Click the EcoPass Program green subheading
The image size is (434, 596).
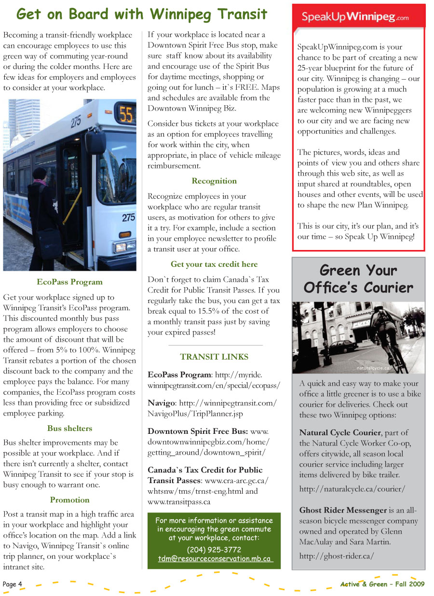(69, 282)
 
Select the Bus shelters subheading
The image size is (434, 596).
(69, 428)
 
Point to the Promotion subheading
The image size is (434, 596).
(69, 499)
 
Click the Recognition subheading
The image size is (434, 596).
(214, 181)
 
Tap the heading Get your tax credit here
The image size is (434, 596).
(214, 264)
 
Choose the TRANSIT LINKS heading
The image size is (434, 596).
(214, 357)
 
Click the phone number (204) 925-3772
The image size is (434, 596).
(214, 550)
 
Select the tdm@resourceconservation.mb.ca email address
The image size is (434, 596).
(215, 559)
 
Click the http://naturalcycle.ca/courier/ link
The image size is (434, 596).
(352, 489)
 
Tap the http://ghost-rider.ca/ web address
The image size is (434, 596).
(336, 555)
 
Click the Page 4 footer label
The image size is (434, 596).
(13, 584)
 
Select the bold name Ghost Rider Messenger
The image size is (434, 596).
(343, 510)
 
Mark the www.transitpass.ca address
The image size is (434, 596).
(178, 501)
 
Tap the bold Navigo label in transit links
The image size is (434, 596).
(161, 402)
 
